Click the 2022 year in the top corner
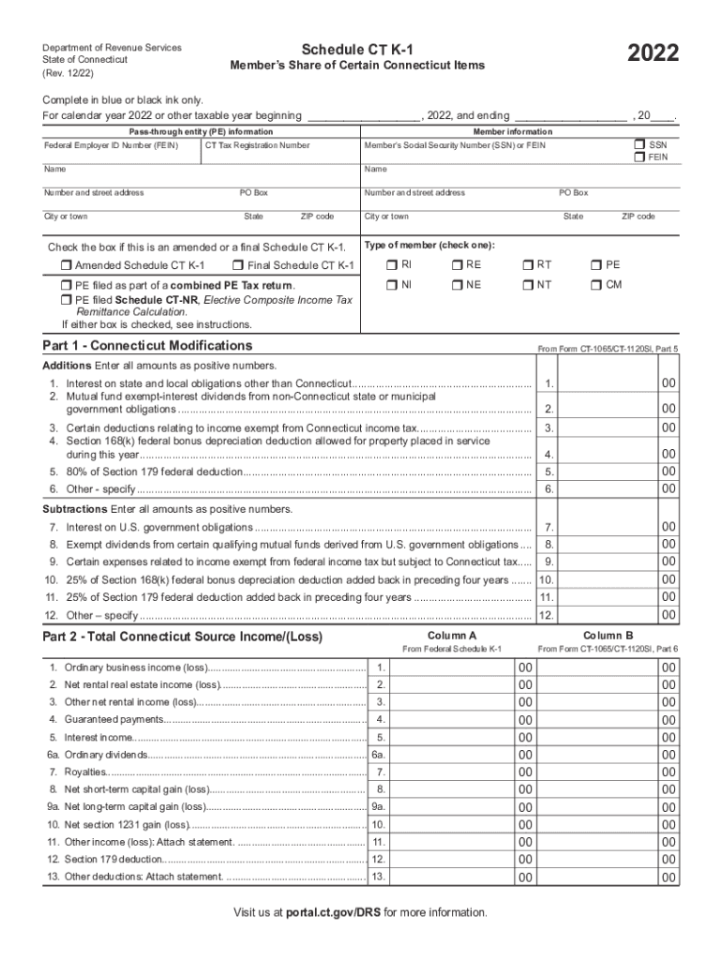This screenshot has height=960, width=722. (642, 53)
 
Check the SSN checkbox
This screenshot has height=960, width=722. (639, 144)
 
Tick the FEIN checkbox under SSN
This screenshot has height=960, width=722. (639, 157)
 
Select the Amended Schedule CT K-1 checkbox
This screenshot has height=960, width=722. (67, 265)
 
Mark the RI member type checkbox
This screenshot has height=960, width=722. (393, 265)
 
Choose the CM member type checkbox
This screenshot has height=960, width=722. (596, 284)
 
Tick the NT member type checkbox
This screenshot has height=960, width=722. (528, 284)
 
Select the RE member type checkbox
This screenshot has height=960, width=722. (457, 265)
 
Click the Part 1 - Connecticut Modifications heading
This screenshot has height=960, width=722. (147, 346)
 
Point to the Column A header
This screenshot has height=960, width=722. (452, 636)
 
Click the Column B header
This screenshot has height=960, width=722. (608, 636)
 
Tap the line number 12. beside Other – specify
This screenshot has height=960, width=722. (546, 616)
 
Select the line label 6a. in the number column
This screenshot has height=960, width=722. (378, 755)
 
